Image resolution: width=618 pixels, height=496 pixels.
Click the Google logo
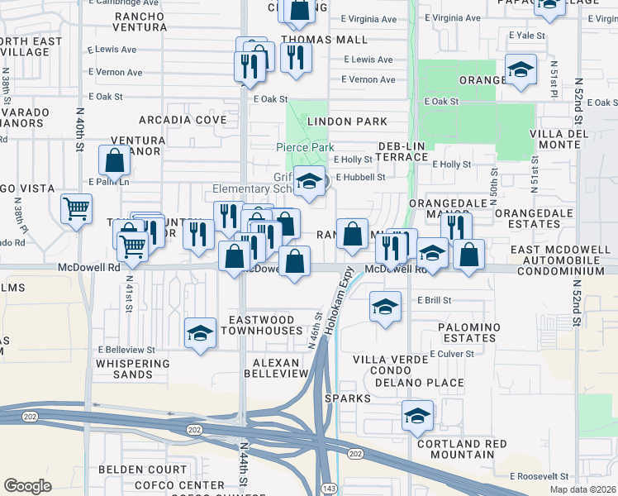[x=27, y=485]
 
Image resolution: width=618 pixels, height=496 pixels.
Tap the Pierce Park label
[x=305, y=147]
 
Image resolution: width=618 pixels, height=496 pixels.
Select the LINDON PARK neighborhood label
[x=347, y=122]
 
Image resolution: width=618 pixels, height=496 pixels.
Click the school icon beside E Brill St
[x=385, y=308]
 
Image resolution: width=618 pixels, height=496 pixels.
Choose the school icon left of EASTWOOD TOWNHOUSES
[x=199, y=332]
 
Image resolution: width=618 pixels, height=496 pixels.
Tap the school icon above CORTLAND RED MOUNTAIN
[x=417, y=416]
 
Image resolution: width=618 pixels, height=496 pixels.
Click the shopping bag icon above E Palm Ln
[x=114, y=160]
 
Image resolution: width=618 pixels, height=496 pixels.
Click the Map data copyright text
[x=587, y=489]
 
